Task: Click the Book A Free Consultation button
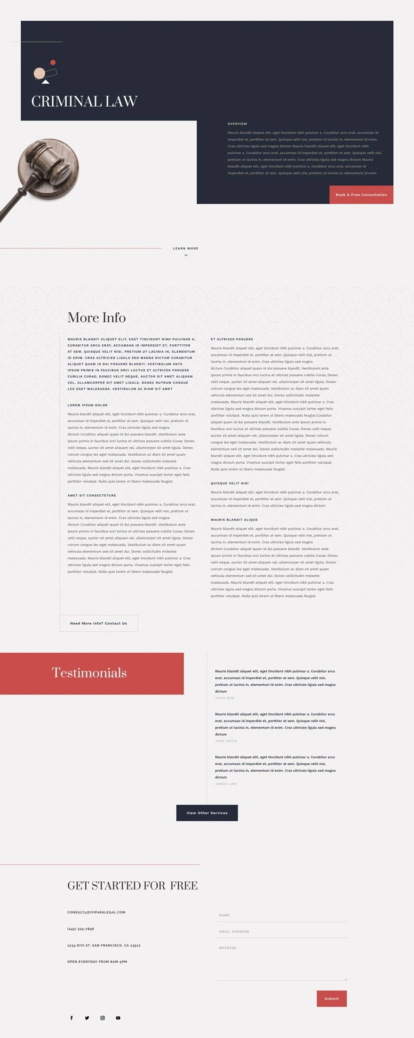(361, 195)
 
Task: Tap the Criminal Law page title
(84, 102)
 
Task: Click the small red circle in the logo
(53, 63)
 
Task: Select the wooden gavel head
(45, 162)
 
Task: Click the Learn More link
(185, 248)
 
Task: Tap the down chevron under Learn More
(186, 255)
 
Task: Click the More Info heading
(96, 317)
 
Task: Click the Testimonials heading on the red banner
(89, 673)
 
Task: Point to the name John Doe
(224, 698)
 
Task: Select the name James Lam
(226, 784)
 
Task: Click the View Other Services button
(207, 813)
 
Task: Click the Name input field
(280, 915)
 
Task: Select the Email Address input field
(280, 931)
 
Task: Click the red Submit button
(332, 998)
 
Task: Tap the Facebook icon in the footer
(72, 1018)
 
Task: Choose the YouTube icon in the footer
(118, 1018)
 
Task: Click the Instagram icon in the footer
(103, 1018)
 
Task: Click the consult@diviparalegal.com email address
(96, 912)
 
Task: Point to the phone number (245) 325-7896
(80, 929)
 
